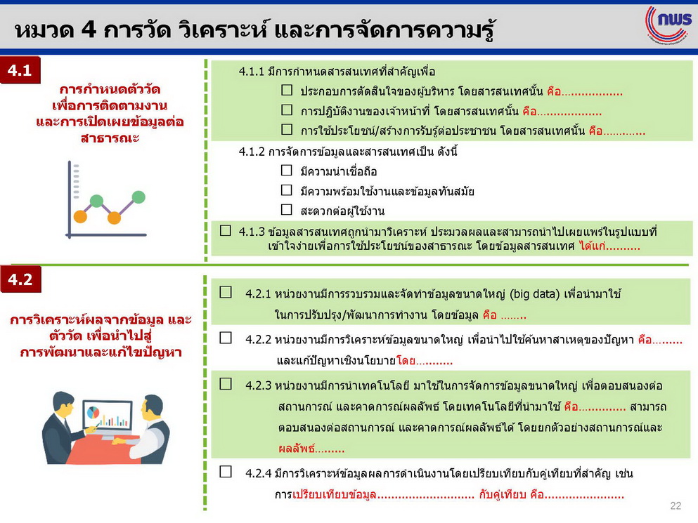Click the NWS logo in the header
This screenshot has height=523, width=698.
coord(669,25)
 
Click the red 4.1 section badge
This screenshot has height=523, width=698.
coord(20,69)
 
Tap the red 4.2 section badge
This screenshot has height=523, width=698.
coord(20,279)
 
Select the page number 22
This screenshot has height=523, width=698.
coord(676,505)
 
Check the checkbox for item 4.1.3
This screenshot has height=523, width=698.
coord(225,230)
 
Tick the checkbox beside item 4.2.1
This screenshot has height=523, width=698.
coord(226,292)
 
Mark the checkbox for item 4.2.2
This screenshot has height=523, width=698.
coord(226,338)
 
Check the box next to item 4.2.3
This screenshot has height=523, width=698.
coord(226,384)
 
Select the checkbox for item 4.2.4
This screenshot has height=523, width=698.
coord(226,472)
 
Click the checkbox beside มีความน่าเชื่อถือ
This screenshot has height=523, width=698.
coord(287,171)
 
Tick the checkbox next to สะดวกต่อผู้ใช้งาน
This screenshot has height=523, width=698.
coord(287,209)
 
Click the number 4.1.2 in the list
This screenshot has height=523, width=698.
coord(252,152)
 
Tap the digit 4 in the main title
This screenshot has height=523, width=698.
coord(89,29)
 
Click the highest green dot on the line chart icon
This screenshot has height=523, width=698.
coord(138,197)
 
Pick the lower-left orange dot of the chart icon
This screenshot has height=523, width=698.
coord(80,217)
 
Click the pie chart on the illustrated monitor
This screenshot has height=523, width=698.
coord(93,413)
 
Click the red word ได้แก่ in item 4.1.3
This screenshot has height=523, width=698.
coord(592,246)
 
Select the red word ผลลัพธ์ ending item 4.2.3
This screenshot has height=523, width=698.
coord(297,449)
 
